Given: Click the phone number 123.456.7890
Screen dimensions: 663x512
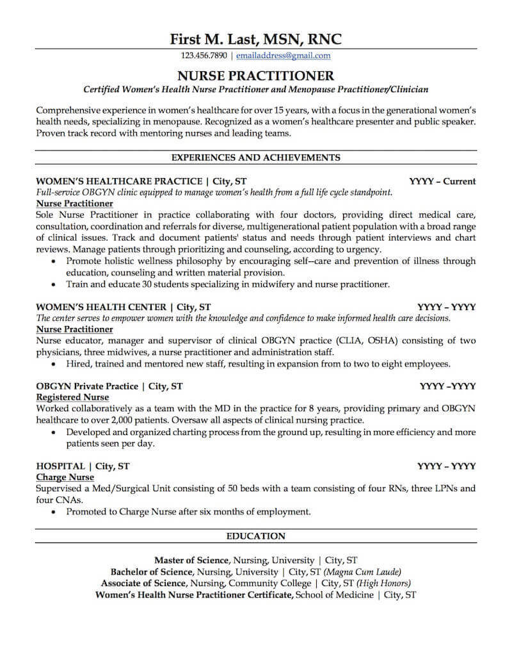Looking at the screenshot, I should [x=204, y=56].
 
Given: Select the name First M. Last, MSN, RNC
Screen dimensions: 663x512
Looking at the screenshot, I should [x=256, y=38].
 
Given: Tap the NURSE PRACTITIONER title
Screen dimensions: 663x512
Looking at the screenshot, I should [x=256, y=75].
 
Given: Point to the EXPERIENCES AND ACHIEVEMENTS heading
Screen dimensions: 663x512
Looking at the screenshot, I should [x=256, y=157].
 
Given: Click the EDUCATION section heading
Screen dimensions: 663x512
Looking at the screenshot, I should [x=256, y=536].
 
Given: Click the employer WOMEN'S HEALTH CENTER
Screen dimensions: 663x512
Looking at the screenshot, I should [x=100, y=306].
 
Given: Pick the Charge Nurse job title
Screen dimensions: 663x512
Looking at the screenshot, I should [x=65, y=477].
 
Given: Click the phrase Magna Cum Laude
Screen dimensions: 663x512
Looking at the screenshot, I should [x=362, y=571].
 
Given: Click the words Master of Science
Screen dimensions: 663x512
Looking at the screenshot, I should [x=191, y=560].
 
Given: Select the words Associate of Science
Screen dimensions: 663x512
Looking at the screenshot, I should [x=143, y=583].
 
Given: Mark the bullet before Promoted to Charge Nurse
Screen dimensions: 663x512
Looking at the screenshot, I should [x=53, y=512].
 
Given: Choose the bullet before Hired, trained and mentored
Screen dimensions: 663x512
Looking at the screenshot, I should [x=53, y=364].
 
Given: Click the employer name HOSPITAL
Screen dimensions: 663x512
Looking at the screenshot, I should [x=61, y=466].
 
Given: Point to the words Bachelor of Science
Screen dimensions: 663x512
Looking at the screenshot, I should [x=152, y=571].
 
